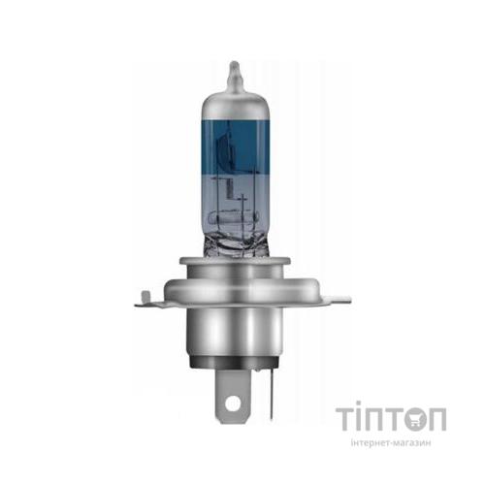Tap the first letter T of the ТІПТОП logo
[x=347, y=419]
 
